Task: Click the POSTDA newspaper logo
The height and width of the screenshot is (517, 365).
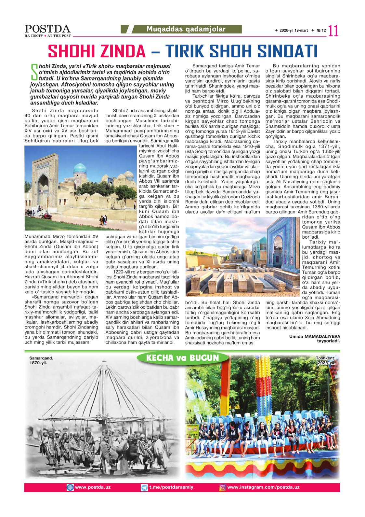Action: (47, 29)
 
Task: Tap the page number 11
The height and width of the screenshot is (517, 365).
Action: (333, 31)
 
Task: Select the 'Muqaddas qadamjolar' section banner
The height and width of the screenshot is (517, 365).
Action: (186, 29)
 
